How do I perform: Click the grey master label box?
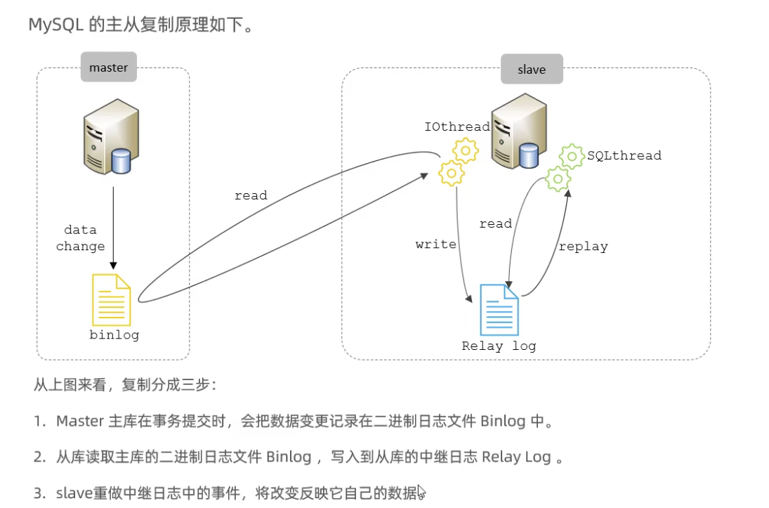[x=108, y=67]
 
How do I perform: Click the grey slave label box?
[x=532, y=69]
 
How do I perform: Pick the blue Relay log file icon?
[x=499, y=309]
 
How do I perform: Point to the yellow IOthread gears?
[x=457, y=162]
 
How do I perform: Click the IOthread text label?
[x=456, y=126]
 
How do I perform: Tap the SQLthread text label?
[x=624, y=155]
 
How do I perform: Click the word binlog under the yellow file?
[x=114, y=335]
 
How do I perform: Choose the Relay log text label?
[x=499, y=346]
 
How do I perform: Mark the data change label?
[x=80, y=238]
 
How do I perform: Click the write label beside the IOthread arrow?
[x=435, y=245]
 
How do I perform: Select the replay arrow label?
[x=583, y=246]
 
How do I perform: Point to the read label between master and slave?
[x=251, y=195]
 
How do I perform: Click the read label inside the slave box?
[x=495, y=223]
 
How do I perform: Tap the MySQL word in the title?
[x=56, y=25]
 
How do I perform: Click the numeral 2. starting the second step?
[x=39, y=457]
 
